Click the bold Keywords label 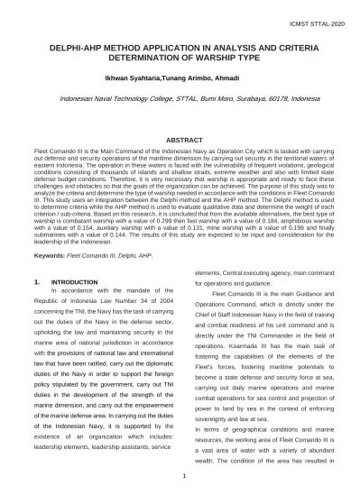coord(49,255)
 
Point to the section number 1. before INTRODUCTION coord(36,282)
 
